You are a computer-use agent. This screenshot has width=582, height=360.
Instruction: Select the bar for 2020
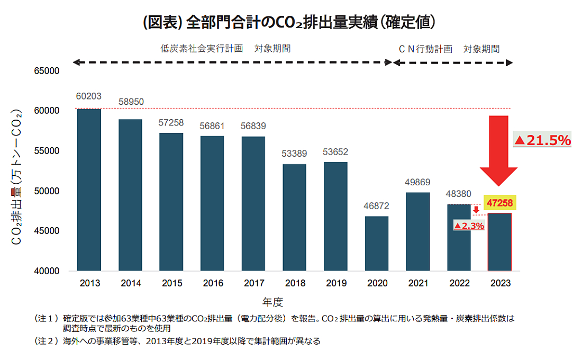pos(376,243)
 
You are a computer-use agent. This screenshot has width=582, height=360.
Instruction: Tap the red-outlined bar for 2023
pos(499,241)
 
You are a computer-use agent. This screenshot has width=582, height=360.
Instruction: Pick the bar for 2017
pos(253,203)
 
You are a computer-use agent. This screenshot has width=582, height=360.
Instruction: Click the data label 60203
pos(89,96)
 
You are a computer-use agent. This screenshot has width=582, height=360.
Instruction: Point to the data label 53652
pos(335,152)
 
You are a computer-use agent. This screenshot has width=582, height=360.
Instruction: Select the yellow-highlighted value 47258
pos(499,203)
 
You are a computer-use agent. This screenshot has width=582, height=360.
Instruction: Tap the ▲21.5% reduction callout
pos(542,140)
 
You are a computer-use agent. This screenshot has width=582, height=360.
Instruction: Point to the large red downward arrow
pos(498,154)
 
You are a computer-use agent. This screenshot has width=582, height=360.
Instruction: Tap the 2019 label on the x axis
pos(335,283)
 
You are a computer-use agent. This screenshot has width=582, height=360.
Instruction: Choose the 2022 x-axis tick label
pos(459,283)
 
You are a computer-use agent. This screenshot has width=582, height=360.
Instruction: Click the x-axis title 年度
pos(273,302)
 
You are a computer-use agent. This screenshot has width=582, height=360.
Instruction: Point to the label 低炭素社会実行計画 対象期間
pos(225,49)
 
